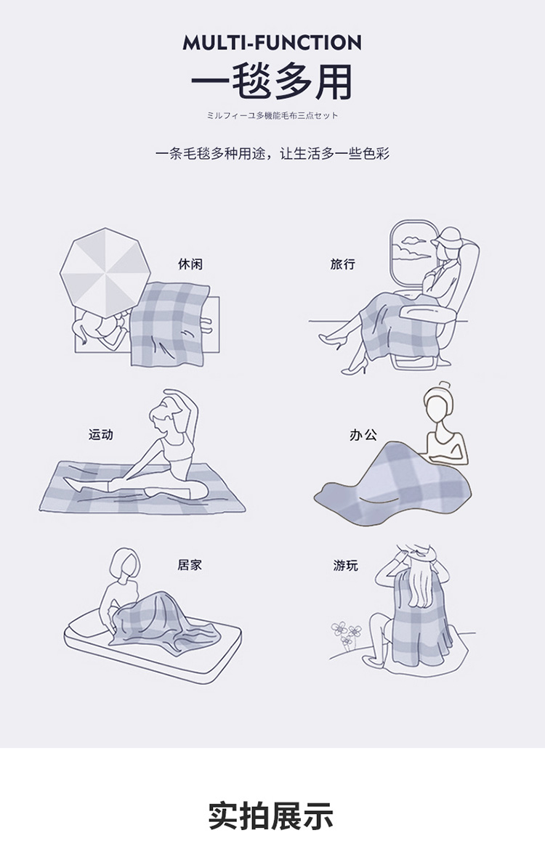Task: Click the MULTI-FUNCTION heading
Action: [x=272, y=42]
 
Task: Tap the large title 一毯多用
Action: [x=272, y=83]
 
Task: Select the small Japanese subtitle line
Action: [x=272, y=115]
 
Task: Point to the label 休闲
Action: [x=190, y=264]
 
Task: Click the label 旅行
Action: [x=343, y=264]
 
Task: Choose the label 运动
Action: [x=101, y=434]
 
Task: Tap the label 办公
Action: [x=363, y=434]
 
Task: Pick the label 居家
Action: [x=190, y=565]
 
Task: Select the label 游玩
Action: [x=346, y=566]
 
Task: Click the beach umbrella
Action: [x=105, y=272]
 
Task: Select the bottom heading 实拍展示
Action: [x=271, y=816]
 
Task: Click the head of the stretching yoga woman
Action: [x=165, y=418]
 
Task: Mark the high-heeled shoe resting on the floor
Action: [x=355, y=368]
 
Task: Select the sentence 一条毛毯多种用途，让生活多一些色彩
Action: [x=272, y=154]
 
